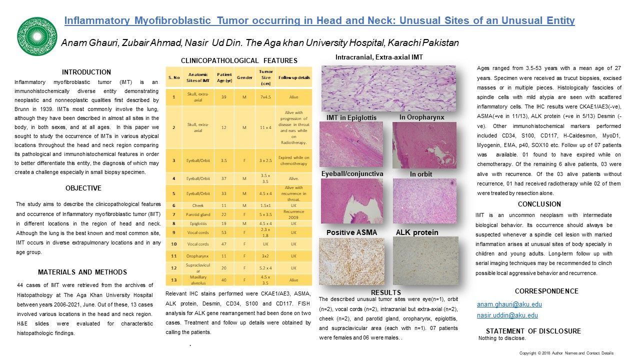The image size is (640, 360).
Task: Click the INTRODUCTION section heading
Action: click(x=86, y=72)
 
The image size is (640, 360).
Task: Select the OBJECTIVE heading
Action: click(x=83, y=188)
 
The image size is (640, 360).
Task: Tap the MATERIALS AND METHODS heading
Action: click(x=82, y=272)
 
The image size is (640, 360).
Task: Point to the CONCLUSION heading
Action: click(x=539, y=204)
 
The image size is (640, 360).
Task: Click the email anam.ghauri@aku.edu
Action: click(x=509, y=304)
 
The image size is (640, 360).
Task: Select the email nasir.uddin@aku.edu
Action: click(x=507, y=315)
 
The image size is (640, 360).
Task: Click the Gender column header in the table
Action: click(x=244, y=77)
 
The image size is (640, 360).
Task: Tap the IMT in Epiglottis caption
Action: click(x=351, y=117)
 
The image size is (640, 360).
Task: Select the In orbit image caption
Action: click(x=420, y=174)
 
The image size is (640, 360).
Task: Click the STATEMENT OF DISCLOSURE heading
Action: click(x=533, y=331)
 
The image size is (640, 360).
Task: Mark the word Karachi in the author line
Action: click(x=400, y=43)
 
